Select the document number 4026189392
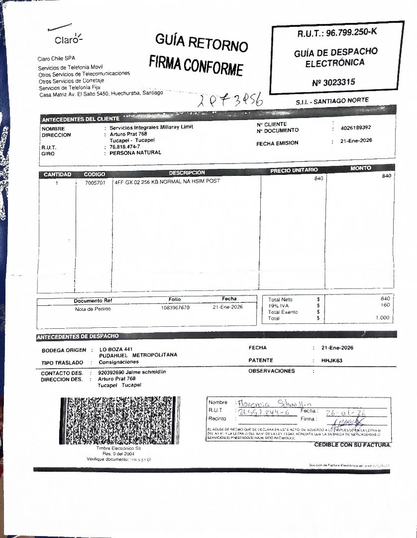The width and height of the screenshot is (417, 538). (356, 128)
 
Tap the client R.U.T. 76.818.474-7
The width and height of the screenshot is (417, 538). (125, 147)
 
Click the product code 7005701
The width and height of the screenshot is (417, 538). (95, 182)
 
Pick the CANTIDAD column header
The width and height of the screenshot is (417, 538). (57, 174)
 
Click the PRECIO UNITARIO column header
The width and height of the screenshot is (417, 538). (294, 170)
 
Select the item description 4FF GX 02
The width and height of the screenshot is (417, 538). (167, 181)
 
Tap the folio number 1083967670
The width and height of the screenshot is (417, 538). (175, 308)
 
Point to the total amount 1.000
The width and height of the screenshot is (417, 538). (383, 318)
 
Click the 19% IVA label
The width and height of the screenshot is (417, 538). (278, 305)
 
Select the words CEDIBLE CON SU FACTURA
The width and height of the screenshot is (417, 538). (352, 444)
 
